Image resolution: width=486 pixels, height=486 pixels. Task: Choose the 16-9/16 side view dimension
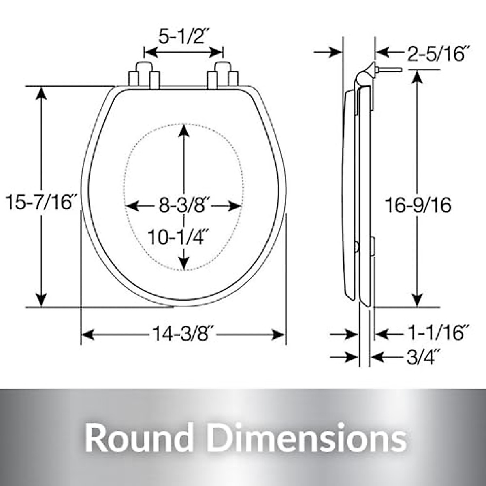tap(418, 205)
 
